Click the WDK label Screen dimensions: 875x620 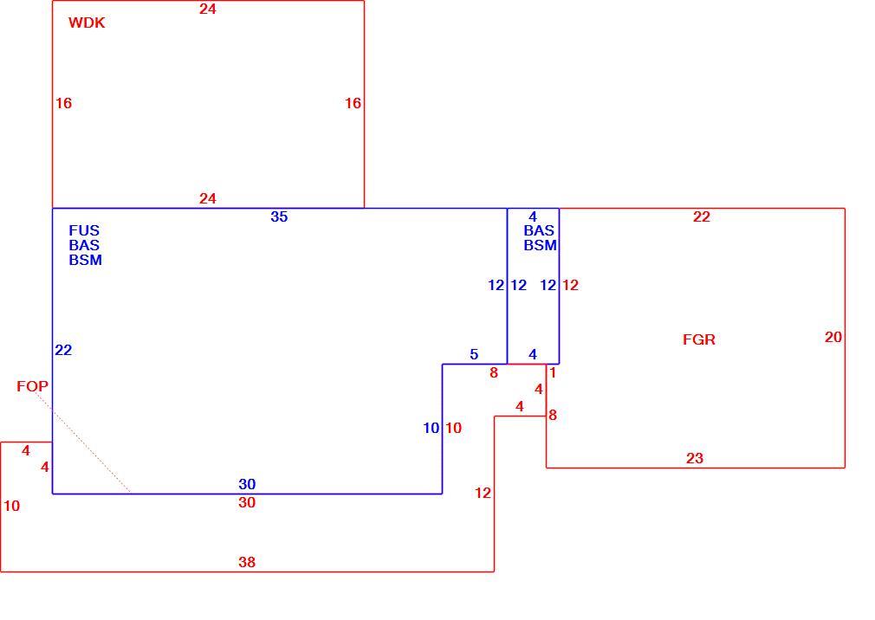tap(87, 23)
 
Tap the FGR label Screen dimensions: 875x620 tap(698, 339)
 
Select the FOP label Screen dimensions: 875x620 tap(32, 386)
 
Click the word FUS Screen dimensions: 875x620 tap(84, 230)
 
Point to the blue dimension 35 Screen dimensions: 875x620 tap(279, 216)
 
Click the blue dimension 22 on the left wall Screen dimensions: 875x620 tap(63, 350)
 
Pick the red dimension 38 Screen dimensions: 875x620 tap(247, 562)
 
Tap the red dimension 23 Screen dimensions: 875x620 tap(694, 458)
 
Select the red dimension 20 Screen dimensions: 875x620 tap(833, 338)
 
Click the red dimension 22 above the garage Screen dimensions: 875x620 tap(702, 216)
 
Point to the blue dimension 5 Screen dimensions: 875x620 tap(474, 355)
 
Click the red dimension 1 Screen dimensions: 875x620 tap(553, 373)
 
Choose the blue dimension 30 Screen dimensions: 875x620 tap(247, 484)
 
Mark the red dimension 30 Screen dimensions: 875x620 tap(247, 502)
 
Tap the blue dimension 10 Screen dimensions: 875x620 tap(431, 429)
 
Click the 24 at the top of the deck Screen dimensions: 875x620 tap(208, 9)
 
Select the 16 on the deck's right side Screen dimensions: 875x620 tap(353, 103)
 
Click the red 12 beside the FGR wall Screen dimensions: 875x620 tap(570, 286)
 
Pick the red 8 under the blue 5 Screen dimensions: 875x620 tap(493, 373)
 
